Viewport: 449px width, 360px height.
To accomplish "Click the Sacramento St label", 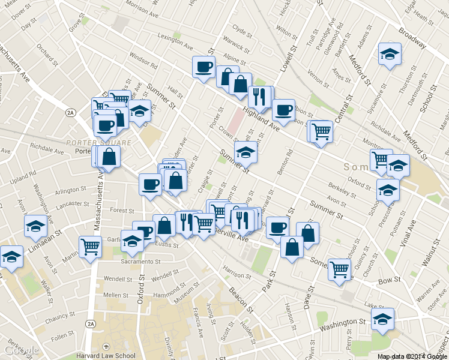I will (x=140, y=262).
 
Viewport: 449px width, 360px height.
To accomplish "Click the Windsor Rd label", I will (x=143, y=61).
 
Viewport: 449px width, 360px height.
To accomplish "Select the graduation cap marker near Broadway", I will (x=390, y=55).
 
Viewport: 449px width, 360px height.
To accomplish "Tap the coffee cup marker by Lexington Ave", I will (x=203, y=66).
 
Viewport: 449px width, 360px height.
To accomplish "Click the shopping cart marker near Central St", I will (x=322, y=131).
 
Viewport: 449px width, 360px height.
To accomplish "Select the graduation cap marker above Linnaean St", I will (x=36, y=226).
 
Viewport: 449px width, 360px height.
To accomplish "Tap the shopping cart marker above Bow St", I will (x=340, y=269).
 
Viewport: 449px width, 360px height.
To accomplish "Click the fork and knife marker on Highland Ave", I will (x=259, y=97).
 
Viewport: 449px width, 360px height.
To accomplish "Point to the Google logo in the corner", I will (x=22, y=350).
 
